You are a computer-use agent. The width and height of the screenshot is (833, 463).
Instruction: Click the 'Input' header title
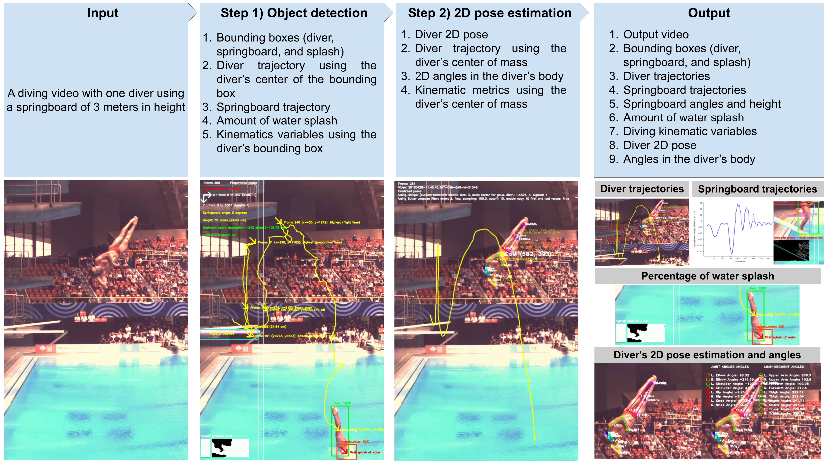pyautogui.click(x=103, y=13)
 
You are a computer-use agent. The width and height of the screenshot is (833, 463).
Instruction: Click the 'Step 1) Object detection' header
pyautogui.click(x=294, y=13)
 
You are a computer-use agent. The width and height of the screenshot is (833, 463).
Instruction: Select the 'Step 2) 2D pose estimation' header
pyautogui.click(x=489, y=13)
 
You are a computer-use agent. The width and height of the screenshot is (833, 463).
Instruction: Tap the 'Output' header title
pyautogui.click(x=709, y=13)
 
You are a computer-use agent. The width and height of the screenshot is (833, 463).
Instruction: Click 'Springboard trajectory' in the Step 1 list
pyautogui.click(x=273, y=107)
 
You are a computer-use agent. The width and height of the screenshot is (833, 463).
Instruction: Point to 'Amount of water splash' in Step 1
pyautogui.click(x=277, y=121)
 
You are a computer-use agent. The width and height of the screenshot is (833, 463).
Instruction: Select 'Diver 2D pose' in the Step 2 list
pyautogui.click(x=451, y=34)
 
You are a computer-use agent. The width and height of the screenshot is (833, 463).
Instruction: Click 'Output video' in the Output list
pyautogui.click(x=656, y=34)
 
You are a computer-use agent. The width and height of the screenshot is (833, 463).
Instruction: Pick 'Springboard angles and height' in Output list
pyautogui.click(x=702, y=104)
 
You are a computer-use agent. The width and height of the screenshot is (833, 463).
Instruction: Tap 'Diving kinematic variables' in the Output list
pyautogui.click(x=690, y=131)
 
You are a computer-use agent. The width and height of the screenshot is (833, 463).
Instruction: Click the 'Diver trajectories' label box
pyautogui.click(x=642, y=189)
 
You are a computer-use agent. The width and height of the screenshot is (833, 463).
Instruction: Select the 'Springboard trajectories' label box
pyautogui.click(x=757, y=189)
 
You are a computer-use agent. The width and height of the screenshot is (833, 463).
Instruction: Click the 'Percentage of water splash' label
pyautogui.click(x=707, y=276)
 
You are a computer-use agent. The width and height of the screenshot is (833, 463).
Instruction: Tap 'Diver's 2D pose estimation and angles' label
pyautogui.click(x=707, y=355)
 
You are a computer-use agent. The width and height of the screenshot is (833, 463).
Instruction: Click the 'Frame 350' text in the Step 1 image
pyautogui.click(x=212, y=183)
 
